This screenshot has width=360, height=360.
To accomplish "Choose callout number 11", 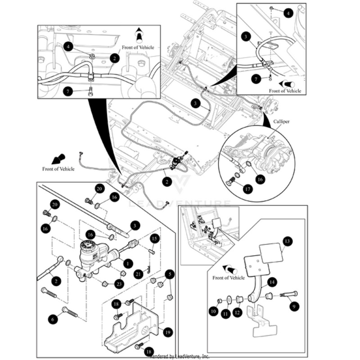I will (x=225, y=313).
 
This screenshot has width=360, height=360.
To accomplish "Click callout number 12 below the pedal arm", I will (x=237, y=312).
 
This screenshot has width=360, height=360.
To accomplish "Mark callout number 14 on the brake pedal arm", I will (x=271, y=283).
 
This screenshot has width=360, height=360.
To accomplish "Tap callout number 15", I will (x=154, y=238).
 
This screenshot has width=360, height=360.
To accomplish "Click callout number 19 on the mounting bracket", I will (x=167, y=333).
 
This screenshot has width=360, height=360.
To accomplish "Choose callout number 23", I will (x=119, y=283).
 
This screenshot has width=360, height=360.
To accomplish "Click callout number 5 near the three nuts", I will (x=170, y=273).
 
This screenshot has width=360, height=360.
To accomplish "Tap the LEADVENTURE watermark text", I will (x=180, y=203).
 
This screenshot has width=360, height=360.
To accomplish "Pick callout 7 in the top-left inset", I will (x=68, y=91).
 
